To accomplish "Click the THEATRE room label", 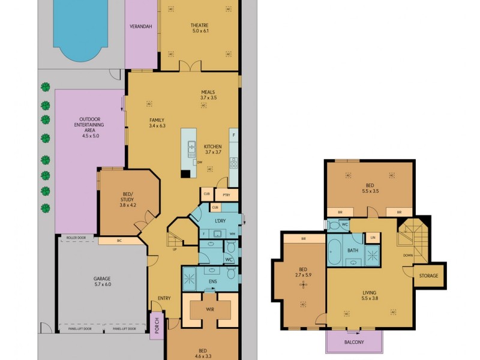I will pos(199,25).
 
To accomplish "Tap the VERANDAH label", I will pos(140,26).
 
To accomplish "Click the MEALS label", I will pos(208,92).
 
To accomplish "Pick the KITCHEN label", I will pos(213,147).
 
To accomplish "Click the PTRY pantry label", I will pos(226,195).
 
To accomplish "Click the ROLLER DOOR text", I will pos(76,238).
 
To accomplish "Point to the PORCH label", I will pos(157,325).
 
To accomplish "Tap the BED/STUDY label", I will pos(128,197).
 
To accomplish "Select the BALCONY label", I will pos(354,342).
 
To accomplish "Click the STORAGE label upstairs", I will pos(429,276).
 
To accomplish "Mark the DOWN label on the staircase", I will pos(408,254).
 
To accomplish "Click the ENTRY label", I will pos(164,298).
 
